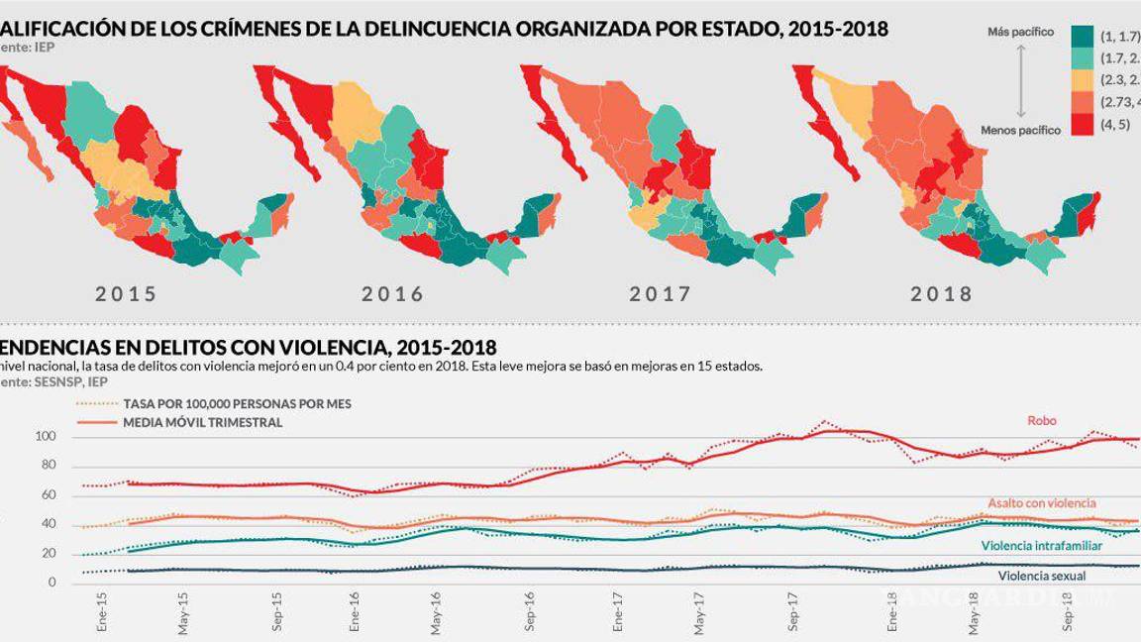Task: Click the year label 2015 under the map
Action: click(126, 294)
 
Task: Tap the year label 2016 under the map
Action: click(392, 294)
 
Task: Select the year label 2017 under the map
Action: click(660, 294)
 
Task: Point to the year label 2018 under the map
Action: click(941, 294)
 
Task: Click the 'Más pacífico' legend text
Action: click(1020, 33)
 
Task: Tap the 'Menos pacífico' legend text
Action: click(1020, 130)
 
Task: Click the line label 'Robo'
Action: click(1041, 421)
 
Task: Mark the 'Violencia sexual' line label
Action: click(1042, 575)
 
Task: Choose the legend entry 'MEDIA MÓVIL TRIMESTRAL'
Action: click(202, 422)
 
